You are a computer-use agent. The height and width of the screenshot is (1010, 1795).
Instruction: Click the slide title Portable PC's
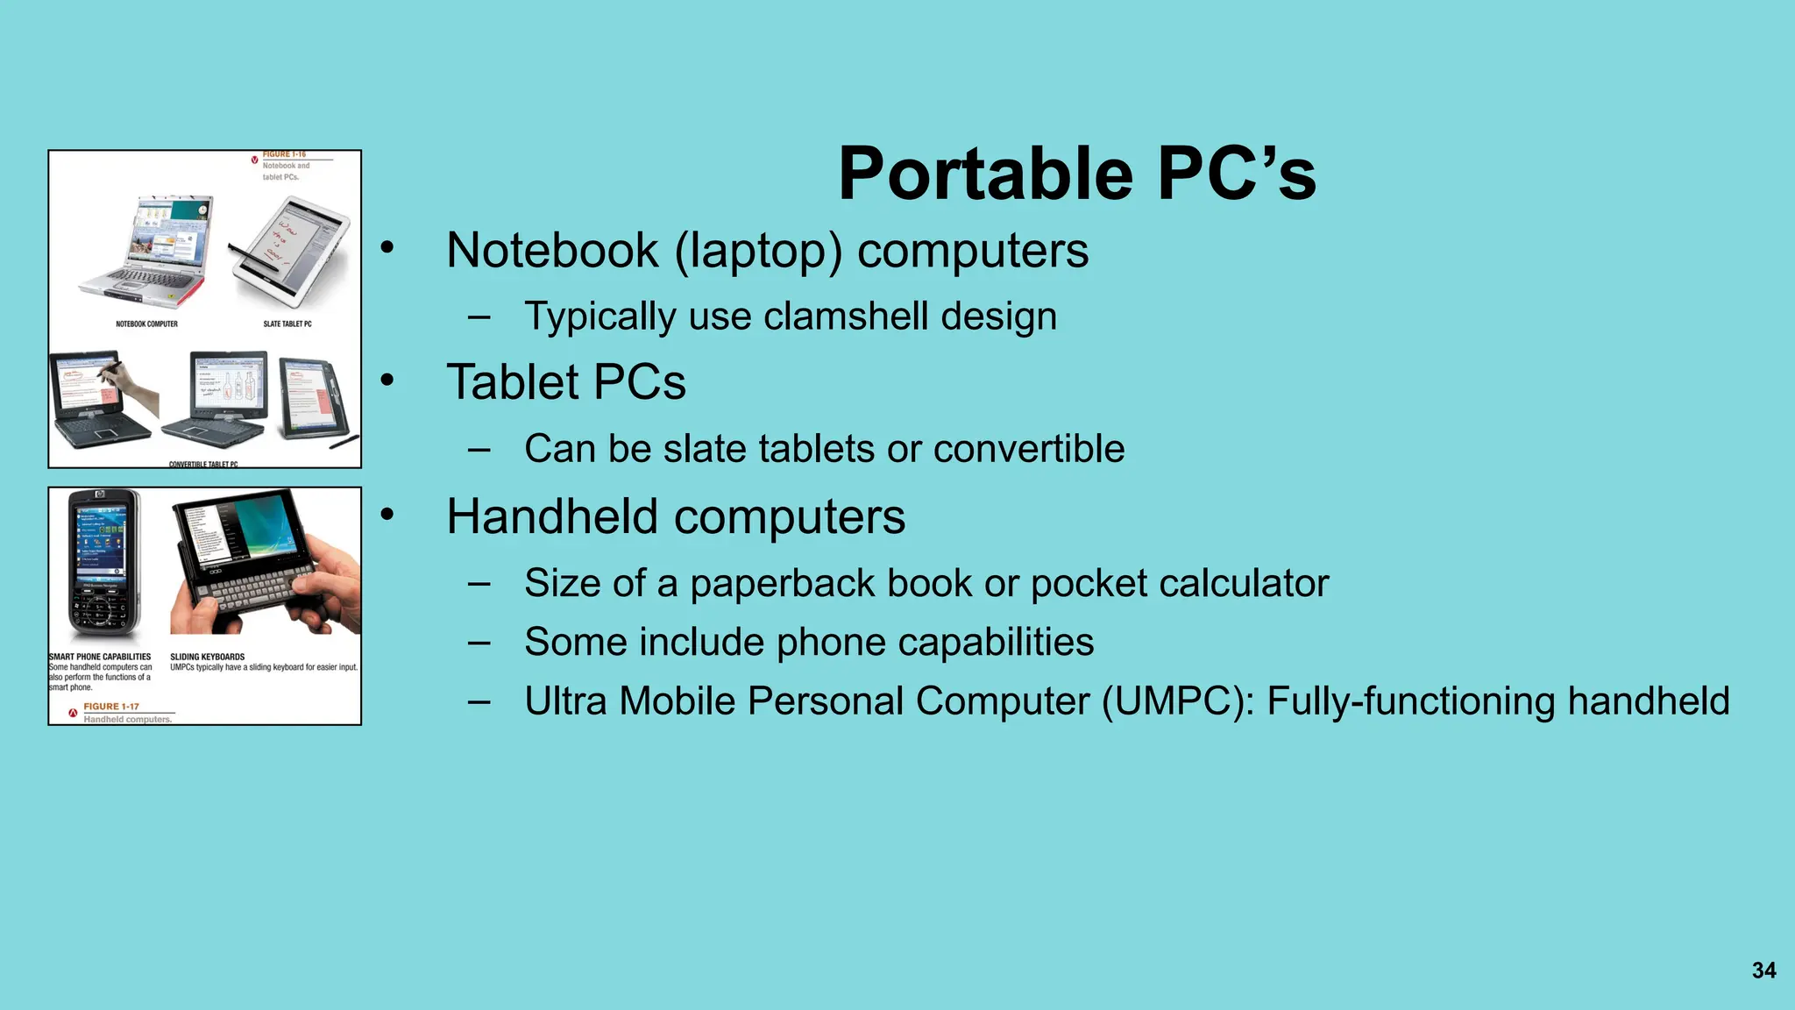[1076, 174]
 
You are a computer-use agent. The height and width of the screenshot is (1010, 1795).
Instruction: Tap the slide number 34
[1763, 971]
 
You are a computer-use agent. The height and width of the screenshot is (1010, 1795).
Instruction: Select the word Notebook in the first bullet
[551, 251]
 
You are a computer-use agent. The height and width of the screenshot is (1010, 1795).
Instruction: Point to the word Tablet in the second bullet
[512, 382]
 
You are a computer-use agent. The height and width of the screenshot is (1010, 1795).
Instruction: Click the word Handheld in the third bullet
[551, 516]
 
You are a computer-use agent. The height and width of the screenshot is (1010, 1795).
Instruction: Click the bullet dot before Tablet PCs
[387, 381]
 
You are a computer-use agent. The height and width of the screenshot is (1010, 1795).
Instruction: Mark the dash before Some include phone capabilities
[479, 643]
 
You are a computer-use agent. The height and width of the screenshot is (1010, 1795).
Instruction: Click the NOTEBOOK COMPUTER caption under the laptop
[146, 324]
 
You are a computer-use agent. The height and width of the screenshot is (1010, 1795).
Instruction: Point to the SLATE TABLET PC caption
[287, 324]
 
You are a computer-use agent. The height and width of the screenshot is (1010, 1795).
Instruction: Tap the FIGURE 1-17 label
[111, 707]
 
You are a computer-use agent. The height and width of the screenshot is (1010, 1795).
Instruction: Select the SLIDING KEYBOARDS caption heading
[207, 657]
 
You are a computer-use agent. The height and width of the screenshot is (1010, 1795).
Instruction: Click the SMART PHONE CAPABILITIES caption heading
[100, 657]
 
